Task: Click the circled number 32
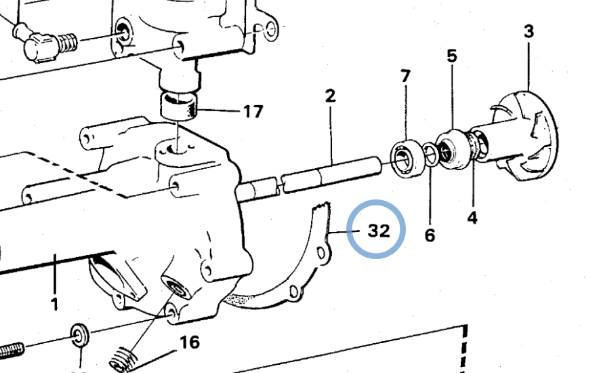pos(379,231)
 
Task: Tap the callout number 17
pos(253,112)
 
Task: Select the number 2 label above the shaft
pos(330,96)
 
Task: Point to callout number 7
pos(405,76)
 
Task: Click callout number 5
pos(453,56)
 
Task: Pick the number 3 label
pos(529,31)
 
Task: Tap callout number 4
pos(472,218)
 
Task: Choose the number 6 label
pos(430,235)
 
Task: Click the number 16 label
pos(190,342)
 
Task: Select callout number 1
pos(54,304)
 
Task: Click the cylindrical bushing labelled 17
pos(179,105)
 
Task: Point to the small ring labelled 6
pos(431,154)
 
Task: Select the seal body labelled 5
pos(453,149)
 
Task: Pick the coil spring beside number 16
pos(123,359)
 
